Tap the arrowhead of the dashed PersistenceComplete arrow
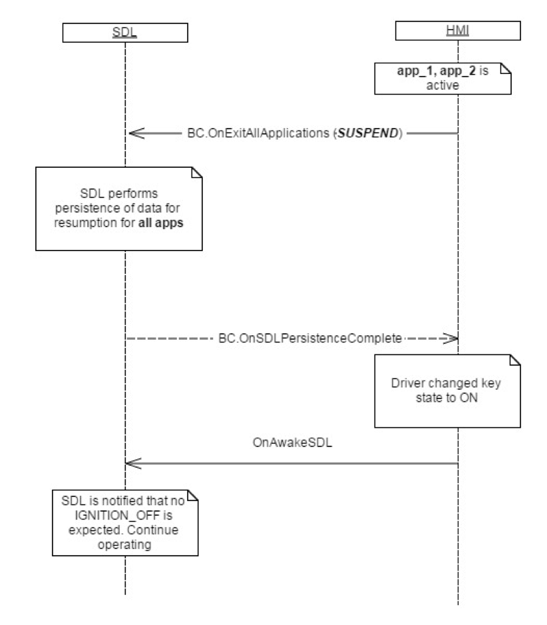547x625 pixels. pyautogui.click(x=453, y=338)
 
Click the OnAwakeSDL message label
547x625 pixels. pyautogui.click(x=293, y=440)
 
